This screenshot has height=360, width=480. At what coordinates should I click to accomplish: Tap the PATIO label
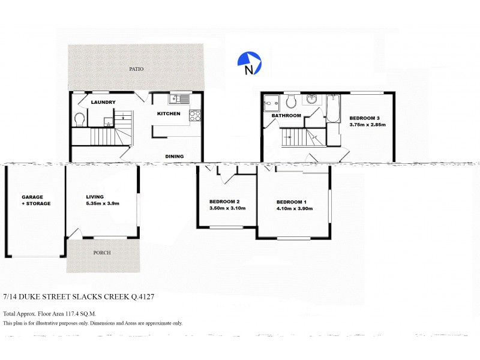pyautogui.click(x=136, y=69)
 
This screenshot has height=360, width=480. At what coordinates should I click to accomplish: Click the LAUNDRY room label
pyautogui.click(x=103, y=103)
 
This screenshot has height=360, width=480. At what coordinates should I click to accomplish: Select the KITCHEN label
pyautogui.click(x=169, y=113)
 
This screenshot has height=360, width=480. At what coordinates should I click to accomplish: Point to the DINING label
pyautogui.click(x=175, y=157)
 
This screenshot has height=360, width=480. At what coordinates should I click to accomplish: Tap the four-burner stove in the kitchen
pyautogui.click(x=195, y=115)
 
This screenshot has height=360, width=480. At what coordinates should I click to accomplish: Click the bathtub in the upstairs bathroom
pyautogui.click(x=334, y=107)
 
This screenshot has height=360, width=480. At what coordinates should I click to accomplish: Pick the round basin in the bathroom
pyautogui.click(x=312, y=99)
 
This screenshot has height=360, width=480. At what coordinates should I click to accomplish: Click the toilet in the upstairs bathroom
pyautogui.click(x=292, y=100)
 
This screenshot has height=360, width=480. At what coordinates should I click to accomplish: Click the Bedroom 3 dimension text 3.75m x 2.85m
pyautogui.click(x=367, y=125)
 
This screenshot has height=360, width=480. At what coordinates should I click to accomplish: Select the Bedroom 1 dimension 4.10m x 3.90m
pyautogui.click(x=292, y=209)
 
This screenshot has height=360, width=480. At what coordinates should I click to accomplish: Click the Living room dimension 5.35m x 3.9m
pyautogui.click(x=103, y=203)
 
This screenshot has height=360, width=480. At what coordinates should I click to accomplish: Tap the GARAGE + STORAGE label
pyautogui.click(x=36, y=200)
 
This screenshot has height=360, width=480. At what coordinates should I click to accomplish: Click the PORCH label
pyautogui.click(x=103, y=253)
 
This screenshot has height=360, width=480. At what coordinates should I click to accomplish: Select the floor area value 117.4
pyautogui.click(x=72, y=314)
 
